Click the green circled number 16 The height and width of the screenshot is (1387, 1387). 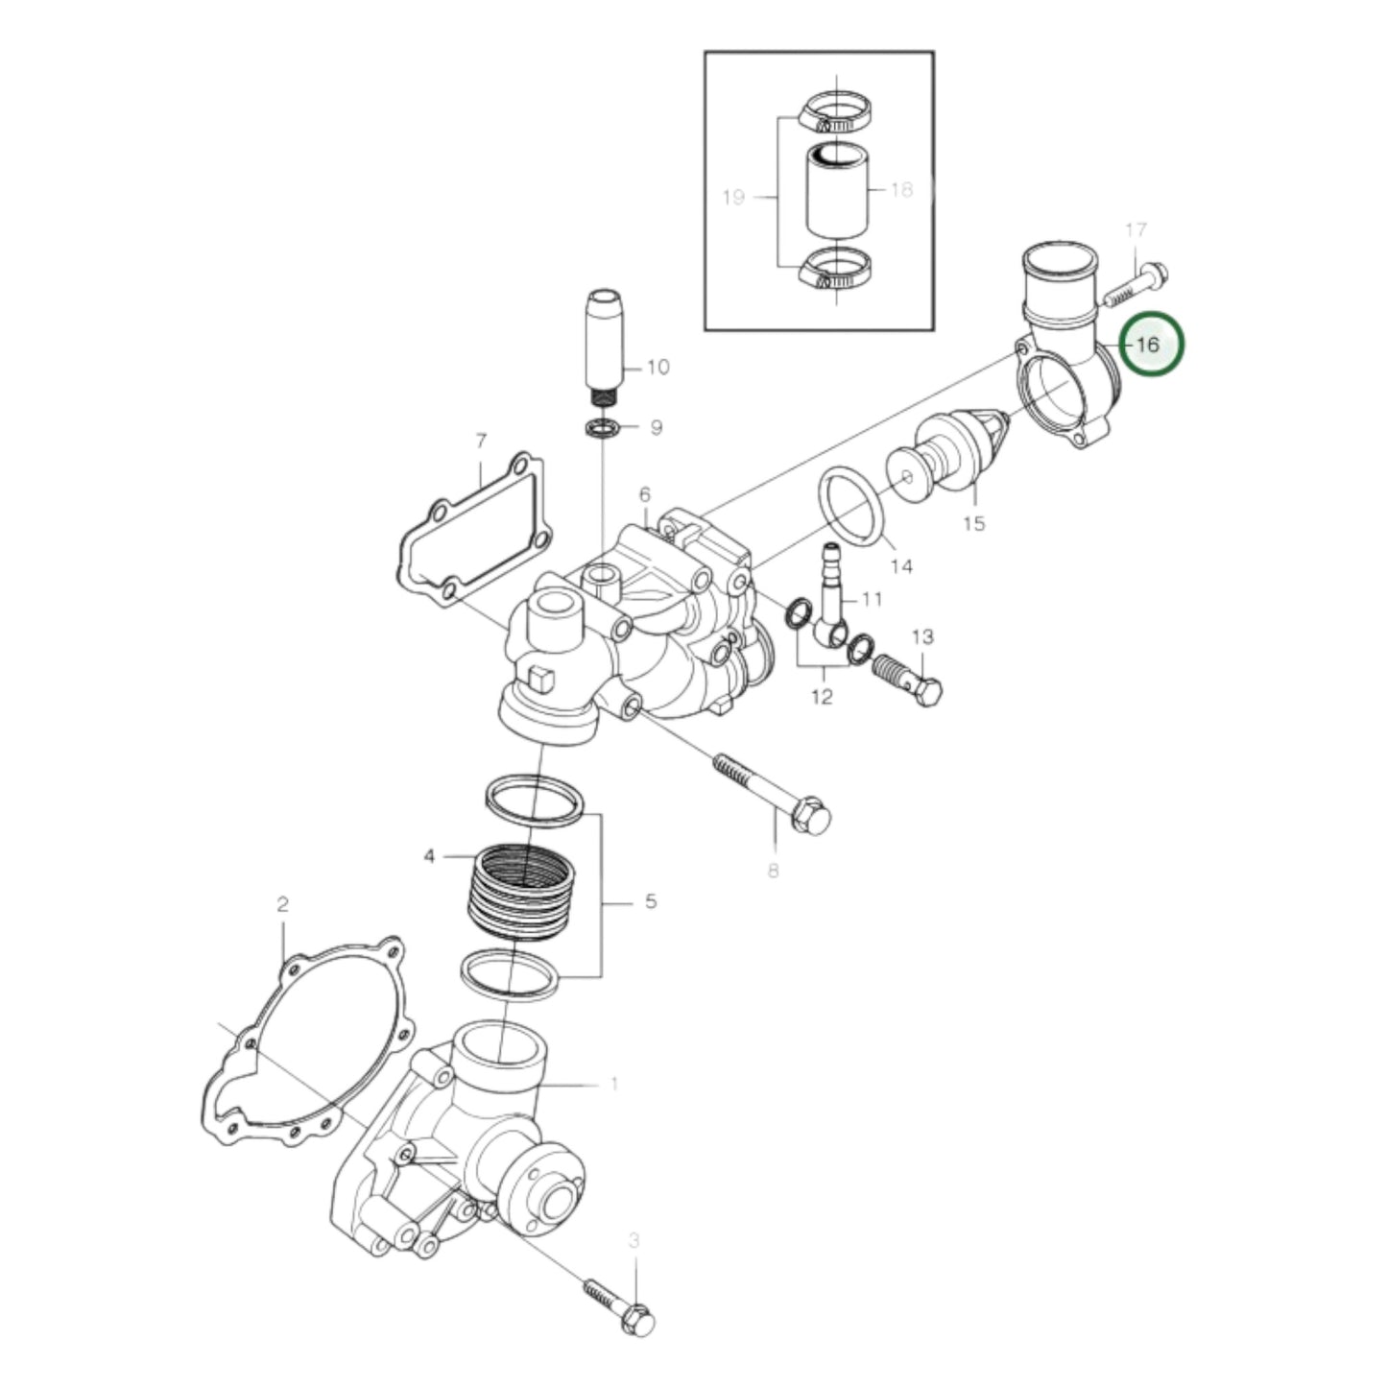1150,344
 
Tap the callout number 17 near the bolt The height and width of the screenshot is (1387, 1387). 1136,230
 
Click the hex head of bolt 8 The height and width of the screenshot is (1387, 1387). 812,817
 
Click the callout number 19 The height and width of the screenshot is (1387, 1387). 733,198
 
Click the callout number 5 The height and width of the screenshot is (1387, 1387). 651,902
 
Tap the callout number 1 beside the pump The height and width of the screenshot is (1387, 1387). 614,1085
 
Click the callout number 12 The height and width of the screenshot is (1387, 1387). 823,696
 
